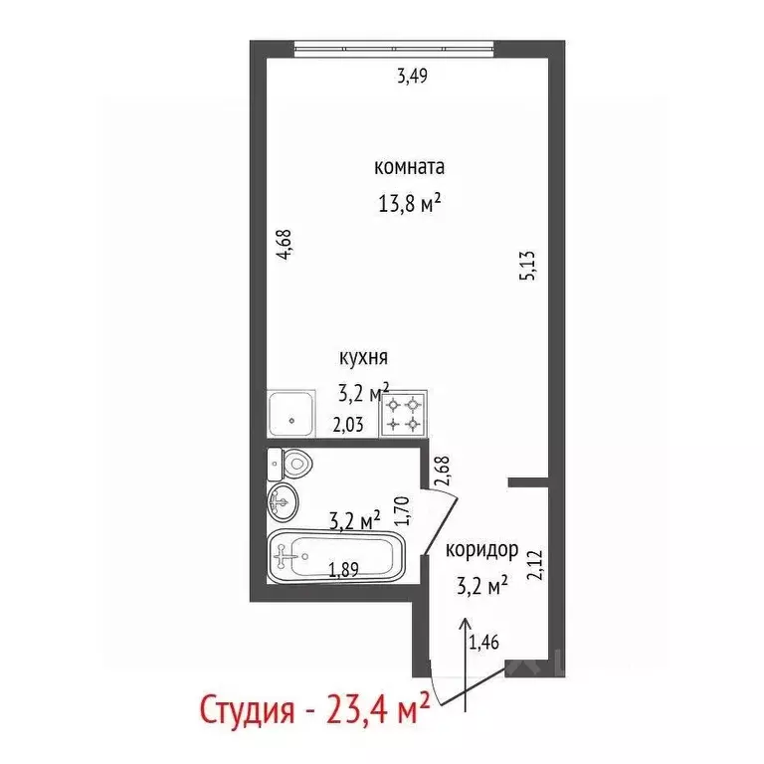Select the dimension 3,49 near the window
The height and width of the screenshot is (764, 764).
tap(412, 76)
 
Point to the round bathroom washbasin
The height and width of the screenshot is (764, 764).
tap(282, 503)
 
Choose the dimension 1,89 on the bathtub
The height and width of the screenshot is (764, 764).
tap(344, 569)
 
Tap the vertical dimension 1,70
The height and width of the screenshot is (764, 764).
tap(403, 509)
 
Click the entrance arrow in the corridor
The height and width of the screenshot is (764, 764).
tap(466, 662)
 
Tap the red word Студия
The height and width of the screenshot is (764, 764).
tap(246, 712)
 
